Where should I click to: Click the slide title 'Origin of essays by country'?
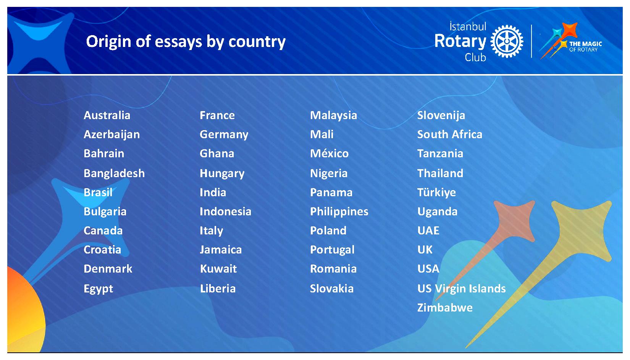pos(186,42)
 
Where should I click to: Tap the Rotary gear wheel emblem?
pos(507,41)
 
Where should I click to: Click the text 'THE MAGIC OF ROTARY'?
pos(585,47)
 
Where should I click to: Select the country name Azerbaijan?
pos(111,135)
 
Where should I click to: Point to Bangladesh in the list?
pos(114,174)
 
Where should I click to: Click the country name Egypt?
pos(98,289)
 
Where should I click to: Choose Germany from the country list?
pos(224,135)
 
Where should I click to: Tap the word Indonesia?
pos(225,211)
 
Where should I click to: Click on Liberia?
pos(218,289)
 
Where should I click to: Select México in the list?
pos(330,153)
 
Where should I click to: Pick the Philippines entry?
pos(339,212)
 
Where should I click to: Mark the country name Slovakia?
pos(331,289)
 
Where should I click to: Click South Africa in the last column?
pos(449,134)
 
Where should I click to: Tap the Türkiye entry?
pos(436,193)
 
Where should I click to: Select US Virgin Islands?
pos(462,289)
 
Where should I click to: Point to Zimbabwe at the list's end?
pos(445,308)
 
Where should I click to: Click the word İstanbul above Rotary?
pos(468,26)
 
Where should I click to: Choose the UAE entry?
pos(428,231)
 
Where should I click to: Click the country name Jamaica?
pos(221,250)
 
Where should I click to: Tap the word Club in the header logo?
pos(475,57)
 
